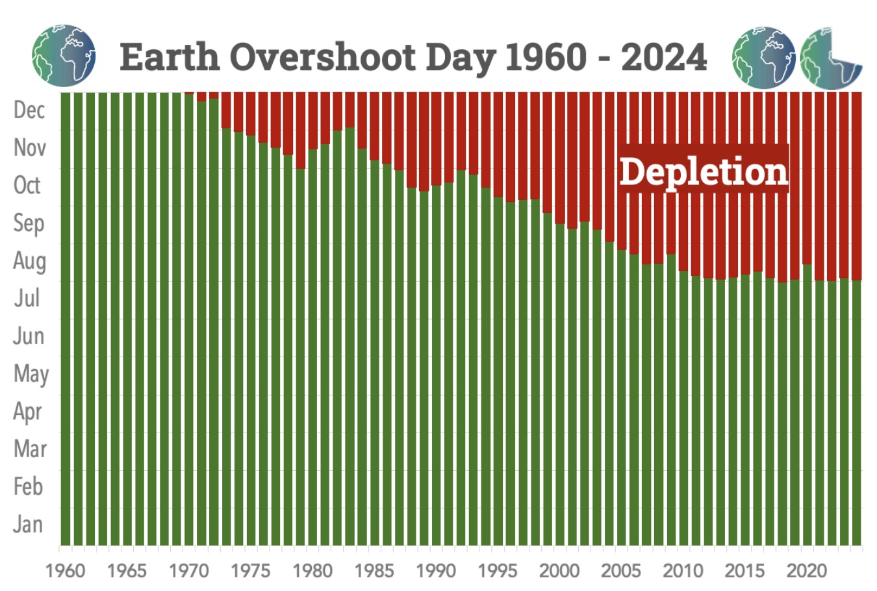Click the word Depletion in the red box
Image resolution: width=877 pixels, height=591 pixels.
coord(704,171)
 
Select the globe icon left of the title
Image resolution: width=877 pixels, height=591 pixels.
coord(64,56)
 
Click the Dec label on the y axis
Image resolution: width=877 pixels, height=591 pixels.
coord(29,110)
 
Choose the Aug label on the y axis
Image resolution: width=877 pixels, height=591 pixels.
coord(29,260)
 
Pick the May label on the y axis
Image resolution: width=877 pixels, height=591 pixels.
coord(30,374)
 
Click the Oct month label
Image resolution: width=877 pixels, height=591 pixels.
coord(27,185)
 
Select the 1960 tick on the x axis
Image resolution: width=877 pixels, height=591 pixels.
coord(65,571)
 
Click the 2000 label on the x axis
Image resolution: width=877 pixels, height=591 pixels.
coord(559,571)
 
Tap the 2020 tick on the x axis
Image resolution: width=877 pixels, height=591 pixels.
coord(806,571)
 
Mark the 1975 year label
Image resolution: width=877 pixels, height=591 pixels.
coord(251,571)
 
